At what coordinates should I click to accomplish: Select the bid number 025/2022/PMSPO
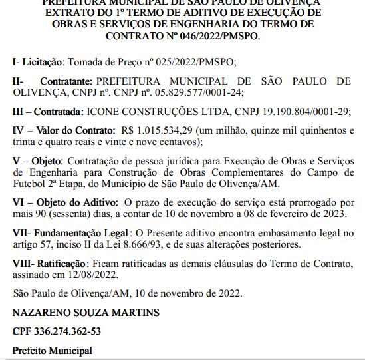tap(191, 62)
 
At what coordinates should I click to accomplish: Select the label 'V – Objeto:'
tap(38, 161)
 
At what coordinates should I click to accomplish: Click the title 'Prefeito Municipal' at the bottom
tap(53, 350)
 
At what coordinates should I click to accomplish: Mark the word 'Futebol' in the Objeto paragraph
tap(30, 184)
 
